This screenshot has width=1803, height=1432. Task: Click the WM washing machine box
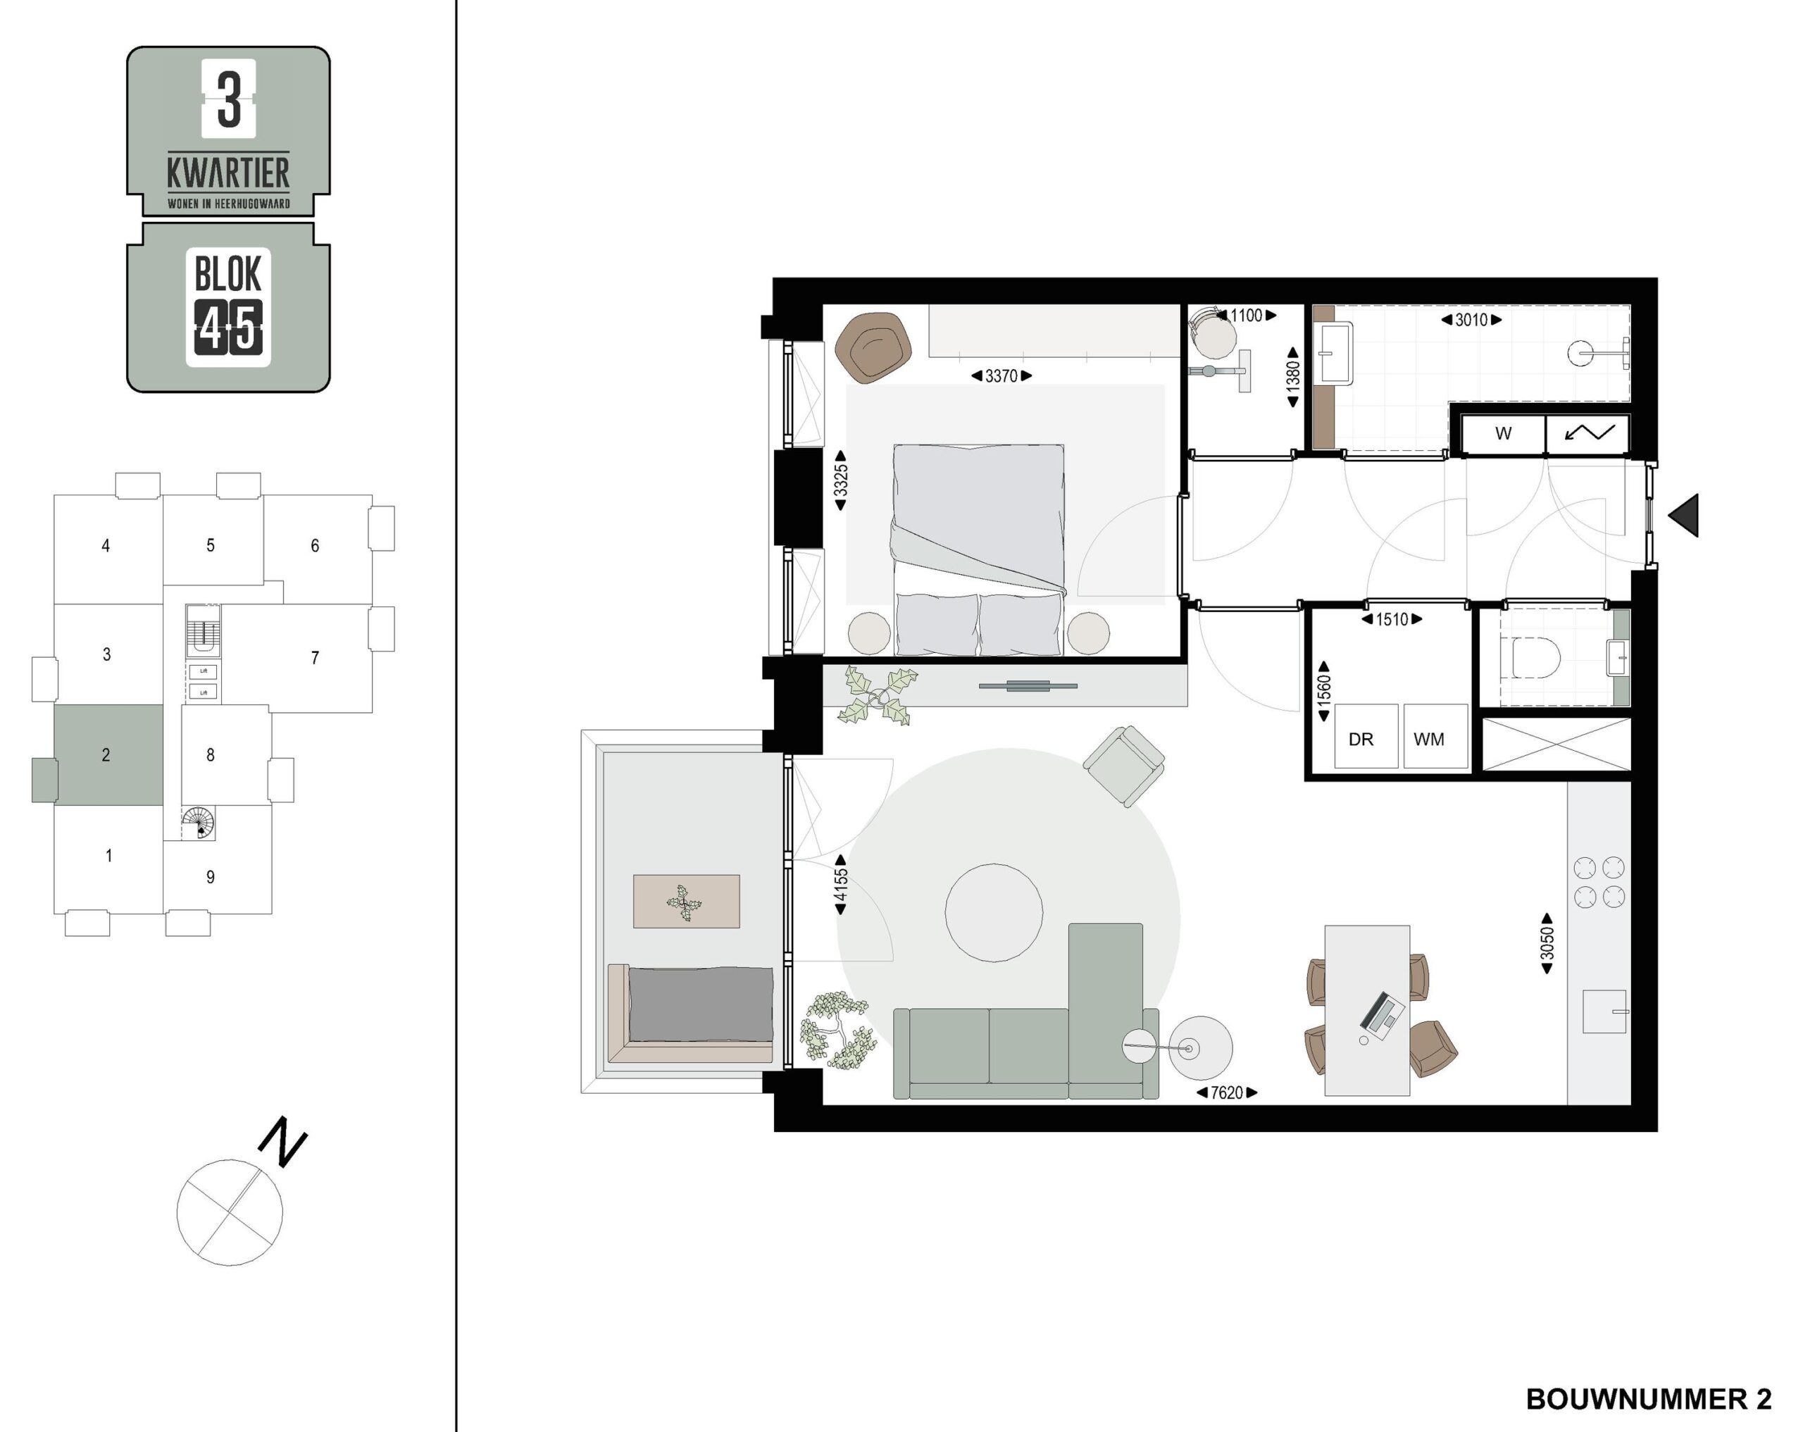[x=1435, y=735]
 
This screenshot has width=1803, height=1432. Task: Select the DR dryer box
[x=1366, y=735]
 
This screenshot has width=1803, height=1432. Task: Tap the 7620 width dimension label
[x=1227, y=1092]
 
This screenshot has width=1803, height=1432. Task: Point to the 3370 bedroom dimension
[x=1001, y=376]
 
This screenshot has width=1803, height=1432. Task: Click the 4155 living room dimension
[x=840, y=884]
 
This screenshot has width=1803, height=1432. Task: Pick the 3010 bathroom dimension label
[x=1472, y=320]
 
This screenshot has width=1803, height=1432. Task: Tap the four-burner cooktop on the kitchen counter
[x=1599, y=882]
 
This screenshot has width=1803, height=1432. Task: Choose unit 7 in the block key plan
[x=316, y=657]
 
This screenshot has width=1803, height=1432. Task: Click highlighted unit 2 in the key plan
[x=106, y=754]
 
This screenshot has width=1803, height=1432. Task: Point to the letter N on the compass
[x=282, y=1142]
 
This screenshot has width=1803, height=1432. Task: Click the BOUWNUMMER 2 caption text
[x=1648, y=1400]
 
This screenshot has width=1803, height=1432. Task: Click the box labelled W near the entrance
[x=1503, y=434]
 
